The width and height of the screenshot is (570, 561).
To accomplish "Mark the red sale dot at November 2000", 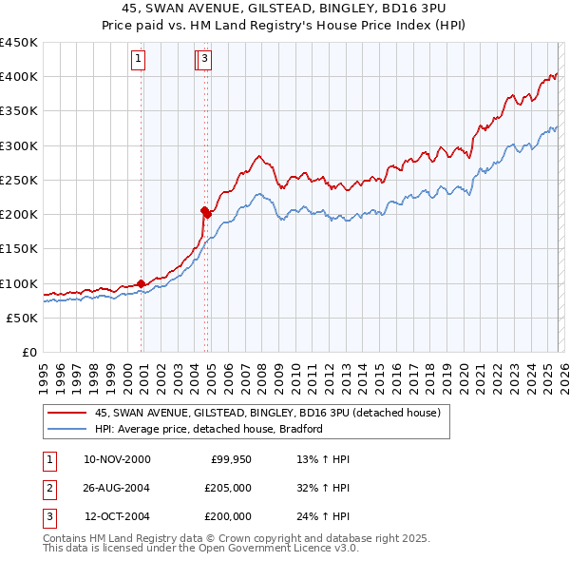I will coord(142,283).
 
